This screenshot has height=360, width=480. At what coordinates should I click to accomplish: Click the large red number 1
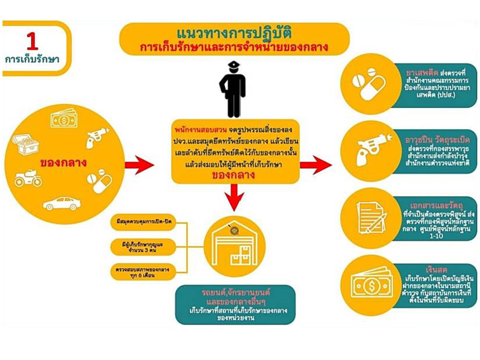click(32, 42)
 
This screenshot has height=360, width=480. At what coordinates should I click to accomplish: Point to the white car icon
click(62, 203)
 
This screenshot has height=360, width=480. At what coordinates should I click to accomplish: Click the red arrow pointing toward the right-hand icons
click(315, 164)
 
